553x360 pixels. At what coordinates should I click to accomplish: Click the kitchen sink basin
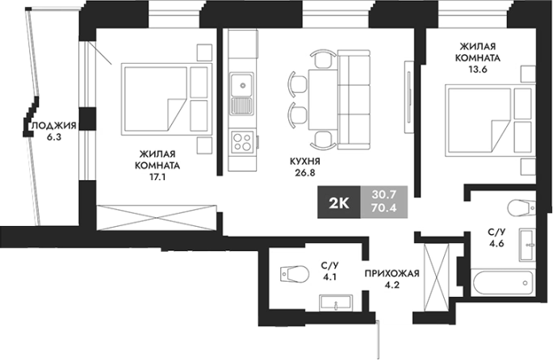[242, 85]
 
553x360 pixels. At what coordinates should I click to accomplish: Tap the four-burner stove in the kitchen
[242, 141]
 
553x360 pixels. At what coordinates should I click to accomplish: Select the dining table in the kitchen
[323, 100]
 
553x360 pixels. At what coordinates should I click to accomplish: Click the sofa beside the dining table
[354, 99]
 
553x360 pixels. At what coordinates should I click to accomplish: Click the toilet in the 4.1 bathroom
[295, 274]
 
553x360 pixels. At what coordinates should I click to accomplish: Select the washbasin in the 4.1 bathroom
[335, 303]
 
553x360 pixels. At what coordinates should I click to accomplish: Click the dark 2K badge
[339, 202]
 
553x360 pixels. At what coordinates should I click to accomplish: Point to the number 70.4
[384, 208]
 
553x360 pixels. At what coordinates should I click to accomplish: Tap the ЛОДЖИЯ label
[54, 126]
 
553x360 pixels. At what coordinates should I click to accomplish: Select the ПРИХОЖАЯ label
[392, 274]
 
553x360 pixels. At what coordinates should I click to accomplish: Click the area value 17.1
[157, 177]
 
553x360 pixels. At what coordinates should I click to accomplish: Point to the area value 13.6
[478, 69]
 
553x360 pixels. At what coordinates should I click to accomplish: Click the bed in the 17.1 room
[166, 99]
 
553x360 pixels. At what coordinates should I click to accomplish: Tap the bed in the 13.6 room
[491, 120]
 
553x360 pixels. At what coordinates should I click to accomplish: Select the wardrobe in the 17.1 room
[157, 218]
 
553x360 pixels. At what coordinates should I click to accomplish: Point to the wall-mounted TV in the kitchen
[409, 98]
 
